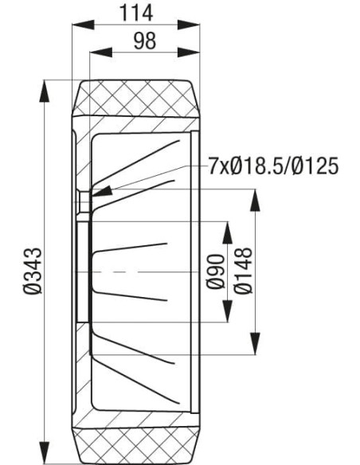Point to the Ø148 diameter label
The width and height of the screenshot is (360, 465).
(x=242, y=271)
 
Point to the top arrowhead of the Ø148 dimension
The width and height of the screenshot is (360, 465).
(x=255, y=199)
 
